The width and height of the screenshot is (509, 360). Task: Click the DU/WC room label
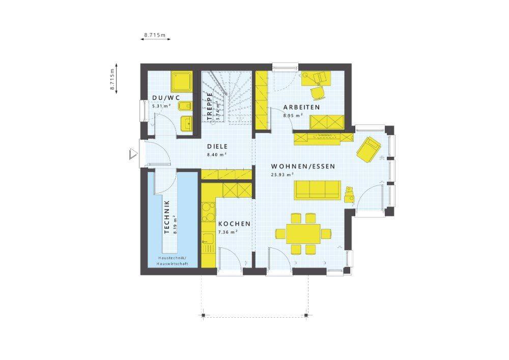(x=165, y=98)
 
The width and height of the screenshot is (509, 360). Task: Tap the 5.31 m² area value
(x=162, y=105)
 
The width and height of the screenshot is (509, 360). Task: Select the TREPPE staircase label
(x=209, y=104)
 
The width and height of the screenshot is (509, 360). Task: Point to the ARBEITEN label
(x=301, y=107)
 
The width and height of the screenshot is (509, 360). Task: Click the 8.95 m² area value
(x=293, y=115)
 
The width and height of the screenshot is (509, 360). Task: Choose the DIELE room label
(x=217, y=147)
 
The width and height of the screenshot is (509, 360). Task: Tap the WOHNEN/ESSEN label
(x=303, y=167)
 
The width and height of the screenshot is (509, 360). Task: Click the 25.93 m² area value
(x=282, y=174)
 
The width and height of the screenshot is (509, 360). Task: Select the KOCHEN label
(x=234, y=224)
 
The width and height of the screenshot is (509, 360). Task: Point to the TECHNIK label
(x=167, y=217)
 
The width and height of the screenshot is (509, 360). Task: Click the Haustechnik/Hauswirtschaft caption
(x=173, y=261)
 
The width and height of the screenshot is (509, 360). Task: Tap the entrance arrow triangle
(x=133, y=154)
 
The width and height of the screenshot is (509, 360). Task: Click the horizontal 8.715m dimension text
(x=155, y=35)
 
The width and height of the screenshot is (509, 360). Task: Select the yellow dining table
(x=303, y=233)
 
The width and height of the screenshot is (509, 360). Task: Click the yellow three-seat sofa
(x=318, y=190)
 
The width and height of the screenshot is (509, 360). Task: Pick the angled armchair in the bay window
(x=369, y=150)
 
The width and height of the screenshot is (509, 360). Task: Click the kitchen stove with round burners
(x=208, y=212)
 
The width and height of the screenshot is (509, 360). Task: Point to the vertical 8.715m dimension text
(x=112, y=79)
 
